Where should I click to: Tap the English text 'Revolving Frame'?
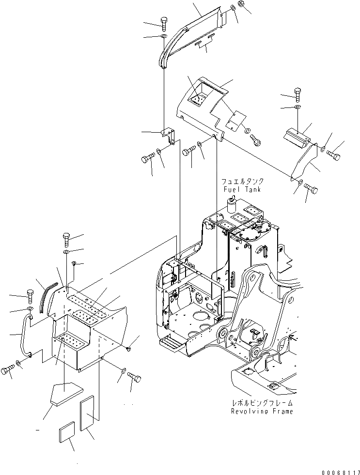point(263,411)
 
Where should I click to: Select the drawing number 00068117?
point(340,470)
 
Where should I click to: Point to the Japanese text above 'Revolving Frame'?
point(263,403)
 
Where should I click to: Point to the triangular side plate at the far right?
point(304,163)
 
